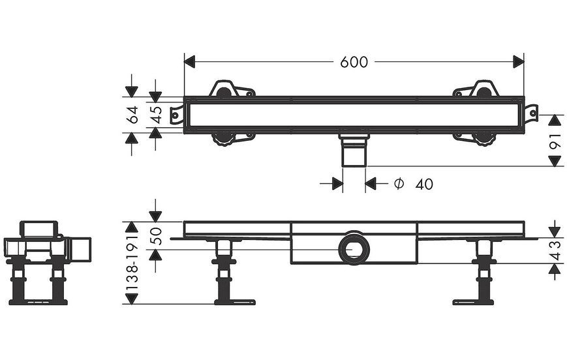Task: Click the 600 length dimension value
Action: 354,62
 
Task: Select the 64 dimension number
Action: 132,115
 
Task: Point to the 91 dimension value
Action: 555,140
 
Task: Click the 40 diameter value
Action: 424,185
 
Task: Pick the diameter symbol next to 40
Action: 399,184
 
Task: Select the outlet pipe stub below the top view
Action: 354,151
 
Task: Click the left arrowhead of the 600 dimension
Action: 189,62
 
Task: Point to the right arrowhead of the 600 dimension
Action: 519,62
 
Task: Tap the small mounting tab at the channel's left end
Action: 177,115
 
